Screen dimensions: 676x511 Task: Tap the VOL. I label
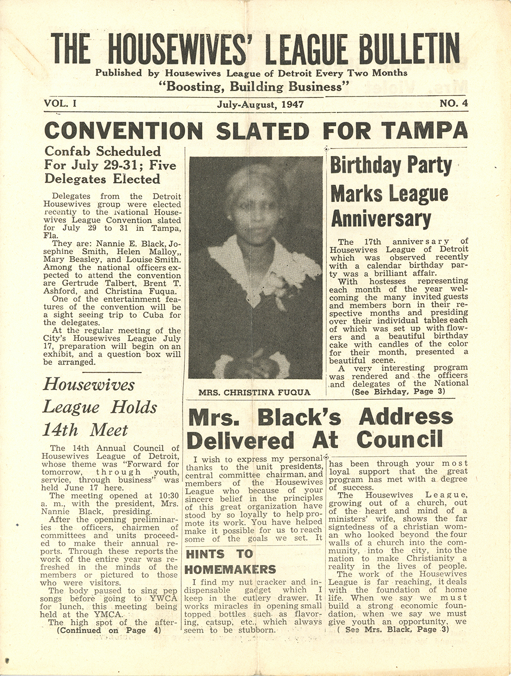(x=60, y=103)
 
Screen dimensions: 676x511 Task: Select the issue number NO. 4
(x=453, y=103)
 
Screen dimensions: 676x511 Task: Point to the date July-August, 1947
(x=260, y=104)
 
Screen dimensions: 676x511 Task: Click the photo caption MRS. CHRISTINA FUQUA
(x=254, y=392)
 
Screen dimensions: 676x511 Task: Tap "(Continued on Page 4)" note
(x=109, y=630)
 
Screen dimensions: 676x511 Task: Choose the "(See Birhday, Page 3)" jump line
(x=398, y=392)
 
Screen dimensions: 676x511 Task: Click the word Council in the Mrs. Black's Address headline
(x=399, y=440)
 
